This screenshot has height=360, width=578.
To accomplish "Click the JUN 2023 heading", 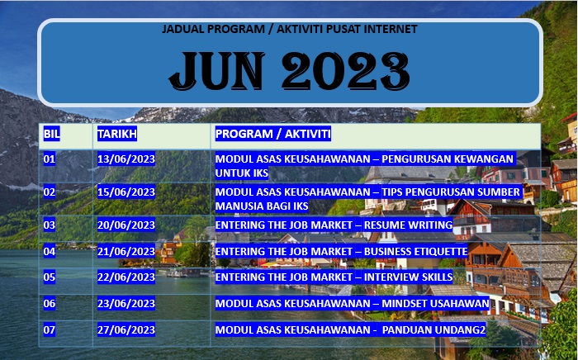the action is (x=289, y=71).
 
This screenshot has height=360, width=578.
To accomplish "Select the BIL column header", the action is (x=51, y=134).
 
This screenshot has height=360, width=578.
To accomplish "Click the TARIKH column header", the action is (x=117, y=134).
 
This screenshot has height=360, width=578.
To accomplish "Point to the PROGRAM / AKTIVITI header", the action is (x=273, y=134).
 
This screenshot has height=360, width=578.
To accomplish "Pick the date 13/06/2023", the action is (x=126, y=159).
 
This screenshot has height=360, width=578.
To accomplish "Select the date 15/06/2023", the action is (x=126, y=192).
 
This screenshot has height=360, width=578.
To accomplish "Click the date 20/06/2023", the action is (x=126, y=225).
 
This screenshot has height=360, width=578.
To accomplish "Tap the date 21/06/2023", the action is (x=126, y=252).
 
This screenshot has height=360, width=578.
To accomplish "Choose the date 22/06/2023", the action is (x=126, y=277).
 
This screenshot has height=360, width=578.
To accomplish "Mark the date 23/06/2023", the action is (x=126, y=304).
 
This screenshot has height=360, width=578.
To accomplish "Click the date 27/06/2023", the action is (x=126, y=329).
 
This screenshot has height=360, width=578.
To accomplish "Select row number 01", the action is (x=50, y=159).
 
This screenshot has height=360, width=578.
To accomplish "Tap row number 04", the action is (x=50, y=252).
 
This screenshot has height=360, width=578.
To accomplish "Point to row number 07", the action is (x=50, y=329).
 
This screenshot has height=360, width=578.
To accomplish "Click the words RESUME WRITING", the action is (x=409, y=225).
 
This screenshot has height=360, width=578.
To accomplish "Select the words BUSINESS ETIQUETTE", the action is (x=416, y=252).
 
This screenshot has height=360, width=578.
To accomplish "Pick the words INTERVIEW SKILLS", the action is (x=409, y=277).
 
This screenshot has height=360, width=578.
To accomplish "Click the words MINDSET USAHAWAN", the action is (x=435, y=304).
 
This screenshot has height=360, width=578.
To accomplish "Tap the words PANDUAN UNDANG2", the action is (x=433, y=329).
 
